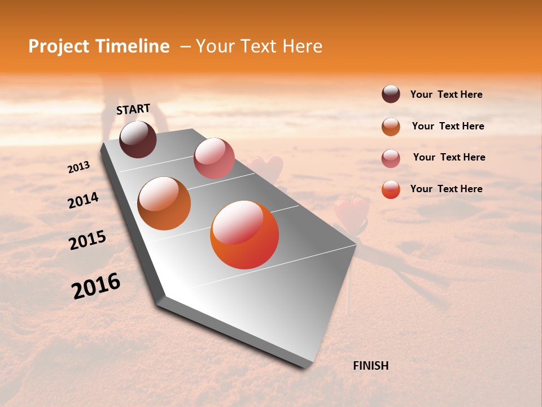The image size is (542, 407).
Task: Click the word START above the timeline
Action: [x=133, y=109]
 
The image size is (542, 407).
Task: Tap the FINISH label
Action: [x=370, y=366]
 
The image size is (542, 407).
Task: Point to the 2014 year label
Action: [x=83, y=201]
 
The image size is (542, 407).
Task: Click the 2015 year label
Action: [x=88, y=240]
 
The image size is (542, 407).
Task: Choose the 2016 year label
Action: [x=96, y=285]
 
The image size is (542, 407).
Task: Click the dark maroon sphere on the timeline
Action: [x=138, y=139]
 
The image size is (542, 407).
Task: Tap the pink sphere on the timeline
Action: [x=214, y=158]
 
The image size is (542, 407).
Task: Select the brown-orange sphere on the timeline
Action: [x=164, y=203]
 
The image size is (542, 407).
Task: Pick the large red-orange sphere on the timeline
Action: [x=244, y=235]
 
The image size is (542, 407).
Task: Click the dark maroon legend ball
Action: [x=391, y=94]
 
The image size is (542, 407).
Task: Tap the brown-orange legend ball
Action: [x=391, y=126]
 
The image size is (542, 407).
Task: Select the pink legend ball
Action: [x=391, y=158]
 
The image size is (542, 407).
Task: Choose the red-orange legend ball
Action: [x=391, y=189]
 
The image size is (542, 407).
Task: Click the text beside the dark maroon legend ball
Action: [x=446, y=94]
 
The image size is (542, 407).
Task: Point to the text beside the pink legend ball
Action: [x=449, y=157]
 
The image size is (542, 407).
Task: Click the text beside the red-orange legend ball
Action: [x=446, y=189]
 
